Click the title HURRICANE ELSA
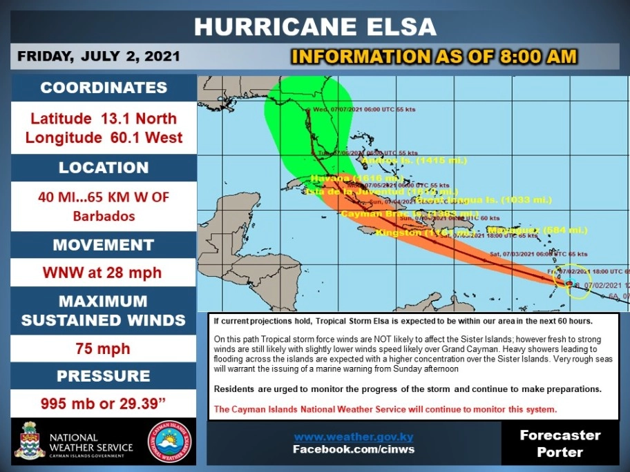pos(315,26)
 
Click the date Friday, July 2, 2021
pos(99,56)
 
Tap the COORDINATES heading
pos(104,88)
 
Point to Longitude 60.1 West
pos(104,137)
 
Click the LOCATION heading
pos(104,168)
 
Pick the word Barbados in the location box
pos(103,215)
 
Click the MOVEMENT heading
pos(104,245)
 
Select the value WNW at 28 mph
pos(104,272)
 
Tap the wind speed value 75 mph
pos(104,348)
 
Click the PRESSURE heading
pos(104,376)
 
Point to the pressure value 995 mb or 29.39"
pos(104,403)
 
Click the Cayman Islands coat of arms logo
pos(30,441)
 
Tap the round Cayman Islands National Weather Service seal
pos(170,441)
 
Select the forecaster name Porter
pos(560,453)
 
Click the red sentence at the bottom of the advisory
pos(385,409)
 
